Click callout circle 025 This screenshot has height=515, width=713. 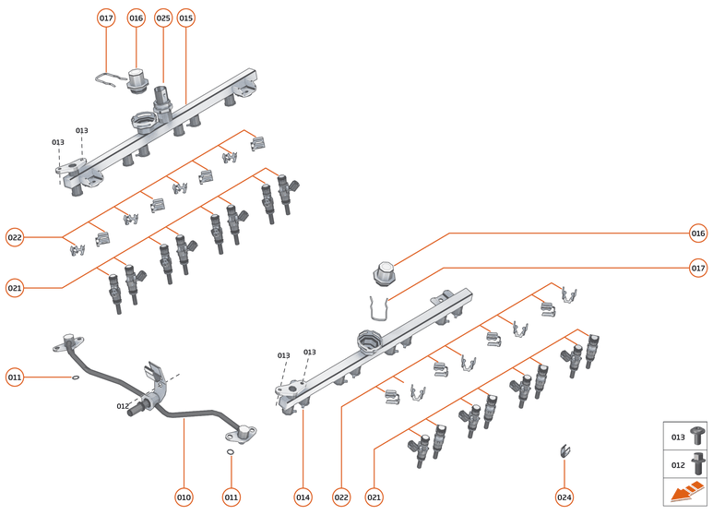point(163,18)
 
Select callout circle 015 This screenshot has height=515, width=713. point(186,18)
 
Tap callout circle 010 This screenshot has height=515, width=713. point(184,497)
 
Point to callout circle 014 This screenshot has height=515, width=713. point(303,497)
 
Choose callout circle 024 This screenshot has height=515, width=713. point(564,497)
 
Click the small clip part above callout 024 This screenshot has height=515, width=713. point(562,451)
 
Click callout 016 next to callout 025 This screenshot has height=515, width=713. point(137,18)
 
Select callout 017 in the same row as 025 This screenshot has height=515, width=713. point(106,18)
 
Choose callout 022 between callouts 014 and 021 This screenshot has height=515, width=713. point(341,497)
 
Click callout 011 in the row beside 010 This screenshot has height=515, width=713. point(231,497)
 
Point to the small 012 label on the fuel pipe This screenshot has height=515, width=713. point(123,406)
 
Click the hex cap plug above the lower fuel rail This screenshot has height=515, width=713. point(384,274)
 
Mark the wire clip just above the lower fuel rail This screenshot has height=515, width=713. point(377,309)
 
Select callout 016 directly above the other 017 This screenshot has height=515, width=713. point(698,234)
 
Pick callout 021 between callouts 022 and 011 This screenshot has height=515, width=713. point(14,288)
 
